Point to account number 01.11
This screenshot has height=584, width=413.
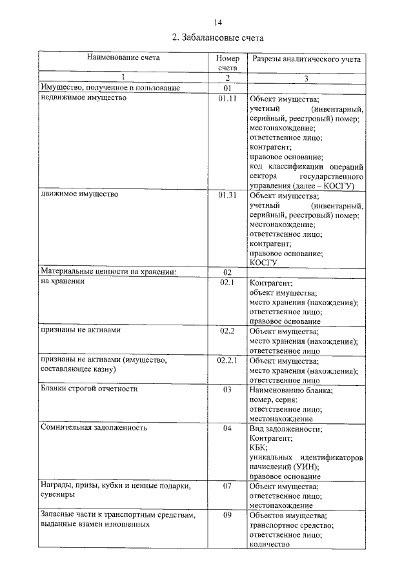228,99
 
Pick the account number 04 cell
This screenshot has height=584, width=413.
227,427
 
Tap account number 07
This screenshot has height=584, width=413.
227,485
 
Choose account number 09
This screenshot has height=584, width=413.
227,516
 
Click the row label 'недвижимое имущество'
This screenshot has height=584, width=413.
83,99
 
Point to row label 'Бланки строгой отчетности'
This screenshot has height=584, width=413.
89,389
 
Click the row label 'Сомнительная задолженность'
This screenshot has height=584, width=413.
94,427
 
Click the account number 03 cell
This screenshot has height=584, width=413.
227,389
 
